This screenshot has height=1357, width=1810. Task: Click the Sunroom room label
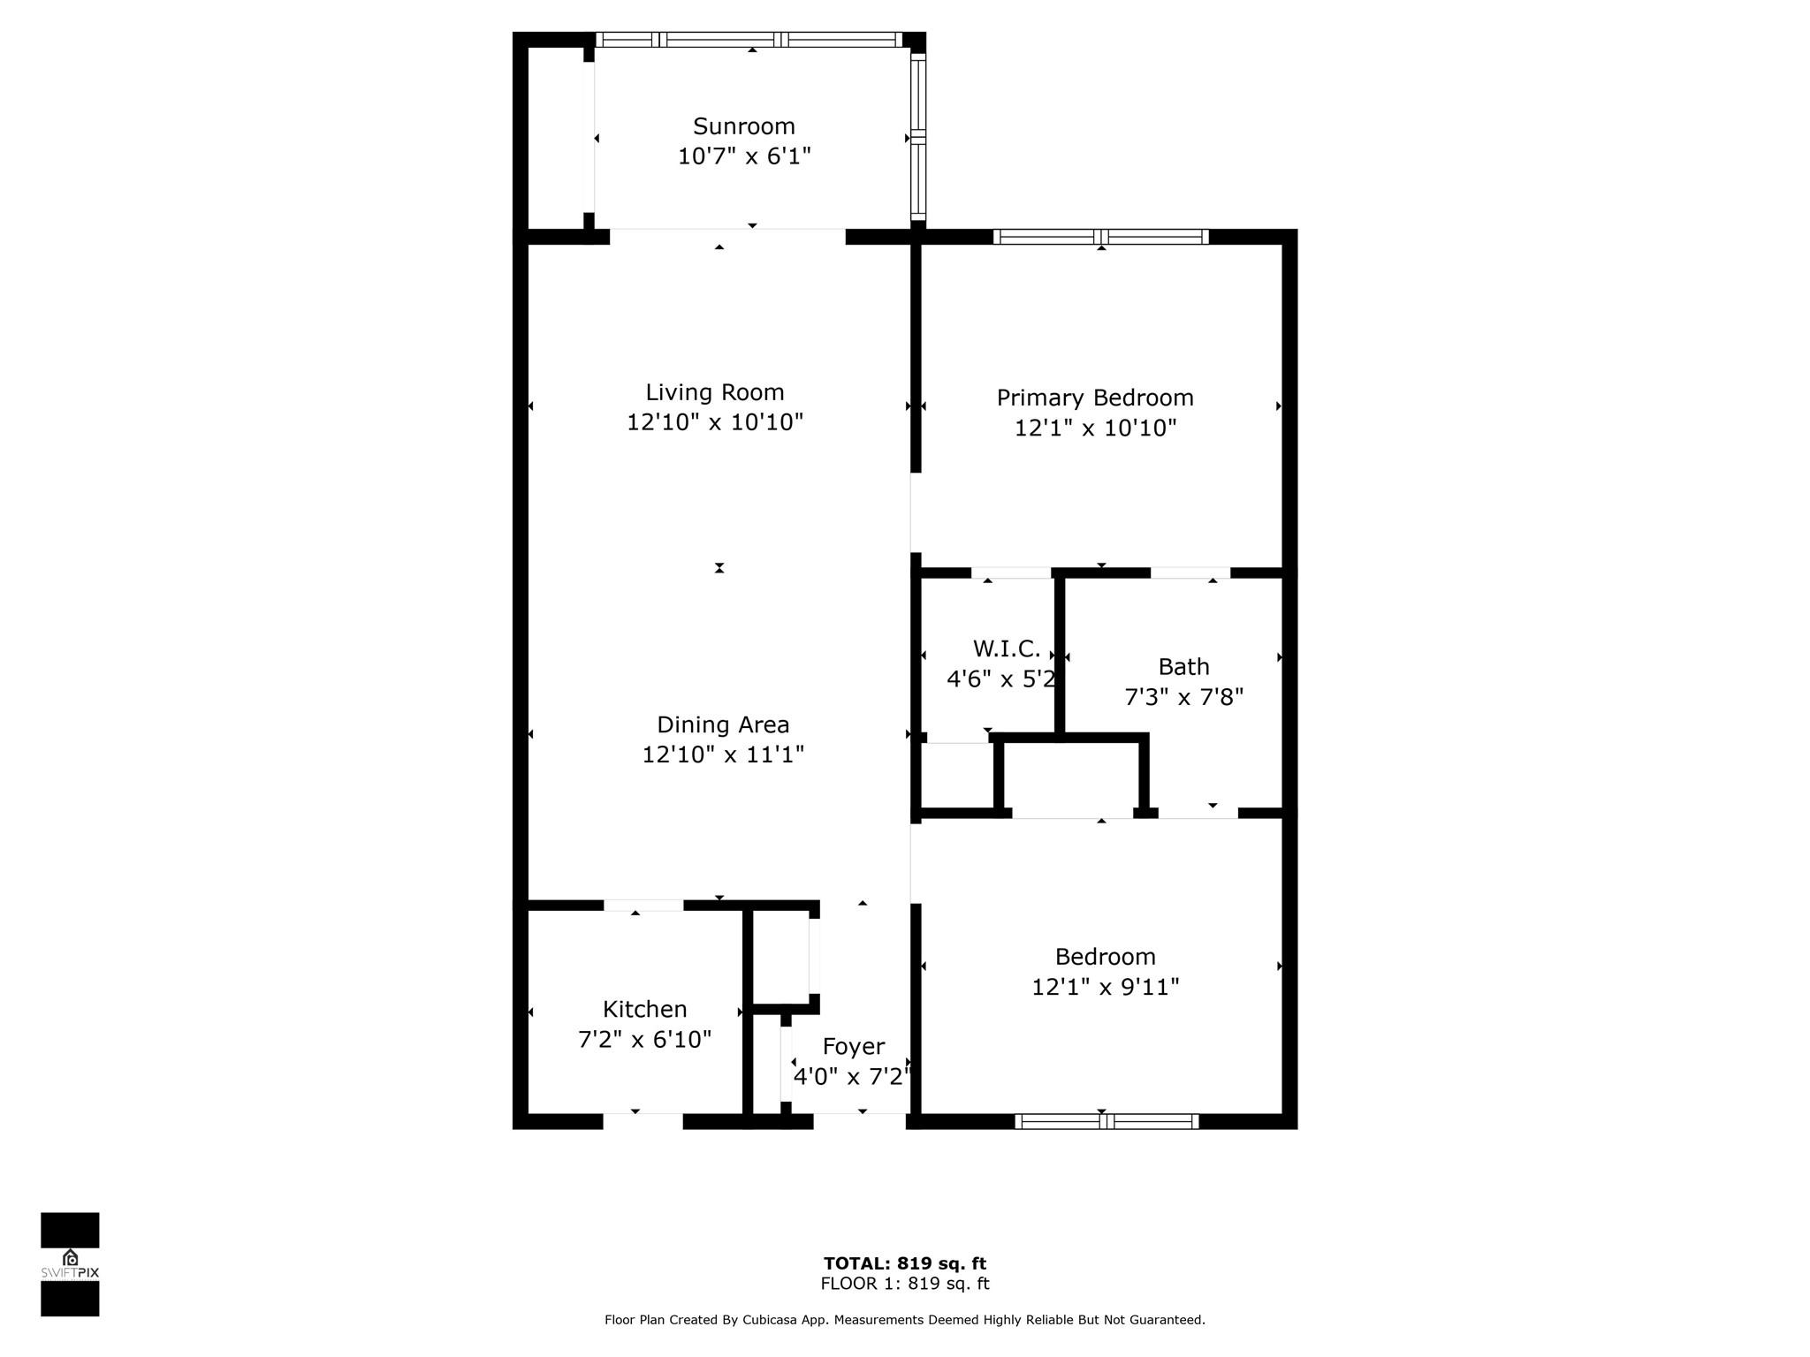(743, 126)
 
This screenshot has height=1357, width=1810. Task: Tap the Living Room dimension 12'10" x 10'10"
(714, 422)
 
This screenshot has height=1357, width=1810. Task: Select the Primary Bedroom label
(1094, 398)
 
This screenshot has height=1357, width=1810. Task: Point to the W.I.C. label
(1006, 648)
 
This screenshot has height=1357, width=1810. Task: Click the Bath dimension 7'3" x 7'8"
(1183, 697)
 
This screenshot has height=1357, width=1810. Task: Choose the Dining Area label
(722, 724)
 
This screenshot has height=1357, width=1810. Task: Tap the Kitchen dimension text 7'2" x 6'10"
(644, 1039)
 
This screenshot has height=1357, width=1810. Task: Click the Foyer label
(853, 1046)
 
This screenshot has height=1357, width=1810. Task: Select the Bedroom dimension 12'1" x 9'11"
(1105, 987)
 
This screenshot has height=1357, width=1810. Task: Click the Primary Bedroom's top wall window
(1100, 237)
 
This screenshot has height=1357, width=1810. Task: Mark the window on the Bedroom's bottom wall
(1106, 1121)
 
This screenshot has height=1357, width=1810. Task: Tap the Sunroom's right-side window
(918, 137)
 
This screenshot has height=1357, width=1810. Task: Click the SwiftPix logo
(70, 1263)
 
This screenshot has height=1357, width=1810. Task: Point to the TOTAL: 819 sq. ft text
(904, 1263)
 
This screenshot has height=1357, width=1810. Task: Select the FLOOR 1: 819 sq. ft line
(904, 1284)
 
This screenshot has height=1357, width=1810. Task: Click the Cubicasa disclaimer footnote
(904, 1319)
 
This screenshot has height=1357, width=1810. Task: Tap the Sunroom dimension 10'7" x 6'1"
(743, 156)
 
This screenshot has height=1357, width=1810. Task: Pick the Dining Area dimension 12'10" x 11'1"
(722, 754)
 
